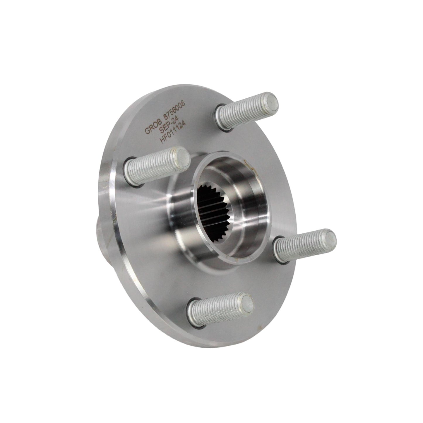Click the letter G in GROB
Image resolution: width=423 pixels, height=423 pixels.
pos(147,131)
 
